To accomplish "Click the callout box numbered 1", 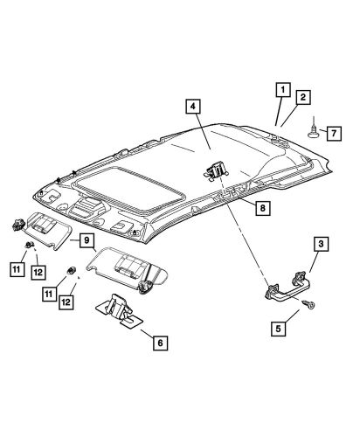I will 282,88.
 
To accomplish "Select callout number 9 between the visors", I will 88,241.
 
